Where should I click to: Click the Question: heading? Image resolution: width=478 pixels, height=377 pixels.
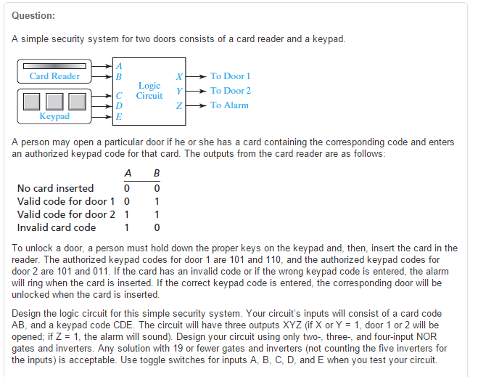34,16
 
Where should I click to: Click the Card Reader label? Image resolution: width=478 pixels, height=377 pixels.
55,76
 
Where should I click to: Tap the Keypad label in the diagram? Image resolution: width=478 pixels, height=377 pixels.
54,115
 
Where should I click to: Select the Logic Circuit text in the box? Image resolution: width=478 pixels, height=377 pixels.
149,90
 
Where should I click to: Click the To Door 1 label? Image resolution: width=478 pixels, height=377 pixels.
230,76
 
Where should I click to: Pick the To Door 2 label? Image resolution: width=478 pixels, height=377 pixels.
231,91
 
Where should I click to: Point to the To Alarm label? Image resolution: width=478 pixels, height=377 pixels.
229,105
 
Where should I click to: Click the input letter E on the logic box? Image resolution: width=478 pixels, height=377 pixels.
119,115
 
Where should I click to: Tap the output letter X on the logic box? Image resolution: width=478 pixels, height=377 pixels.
179,76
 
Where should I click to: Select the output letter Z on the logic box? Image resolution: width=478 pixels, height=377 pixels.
179,106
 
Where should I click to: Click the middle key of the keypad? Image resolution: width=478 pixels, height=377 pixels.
55,100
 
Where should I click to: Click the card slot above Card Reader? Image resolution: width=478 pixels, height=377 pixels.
54,65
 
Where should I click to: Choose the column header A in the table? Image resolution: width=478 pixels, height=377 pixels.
128,174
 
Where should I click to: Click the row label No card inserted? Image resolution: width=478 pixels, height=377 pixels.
56,188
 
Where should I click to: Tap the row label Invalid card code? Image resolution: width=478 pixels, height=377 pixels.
57,227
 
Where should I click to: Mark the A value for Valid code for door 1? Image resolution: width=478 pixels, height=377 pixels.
128,201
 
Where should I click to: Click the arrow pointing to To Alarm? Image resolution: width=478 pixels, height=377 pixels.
197,105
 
